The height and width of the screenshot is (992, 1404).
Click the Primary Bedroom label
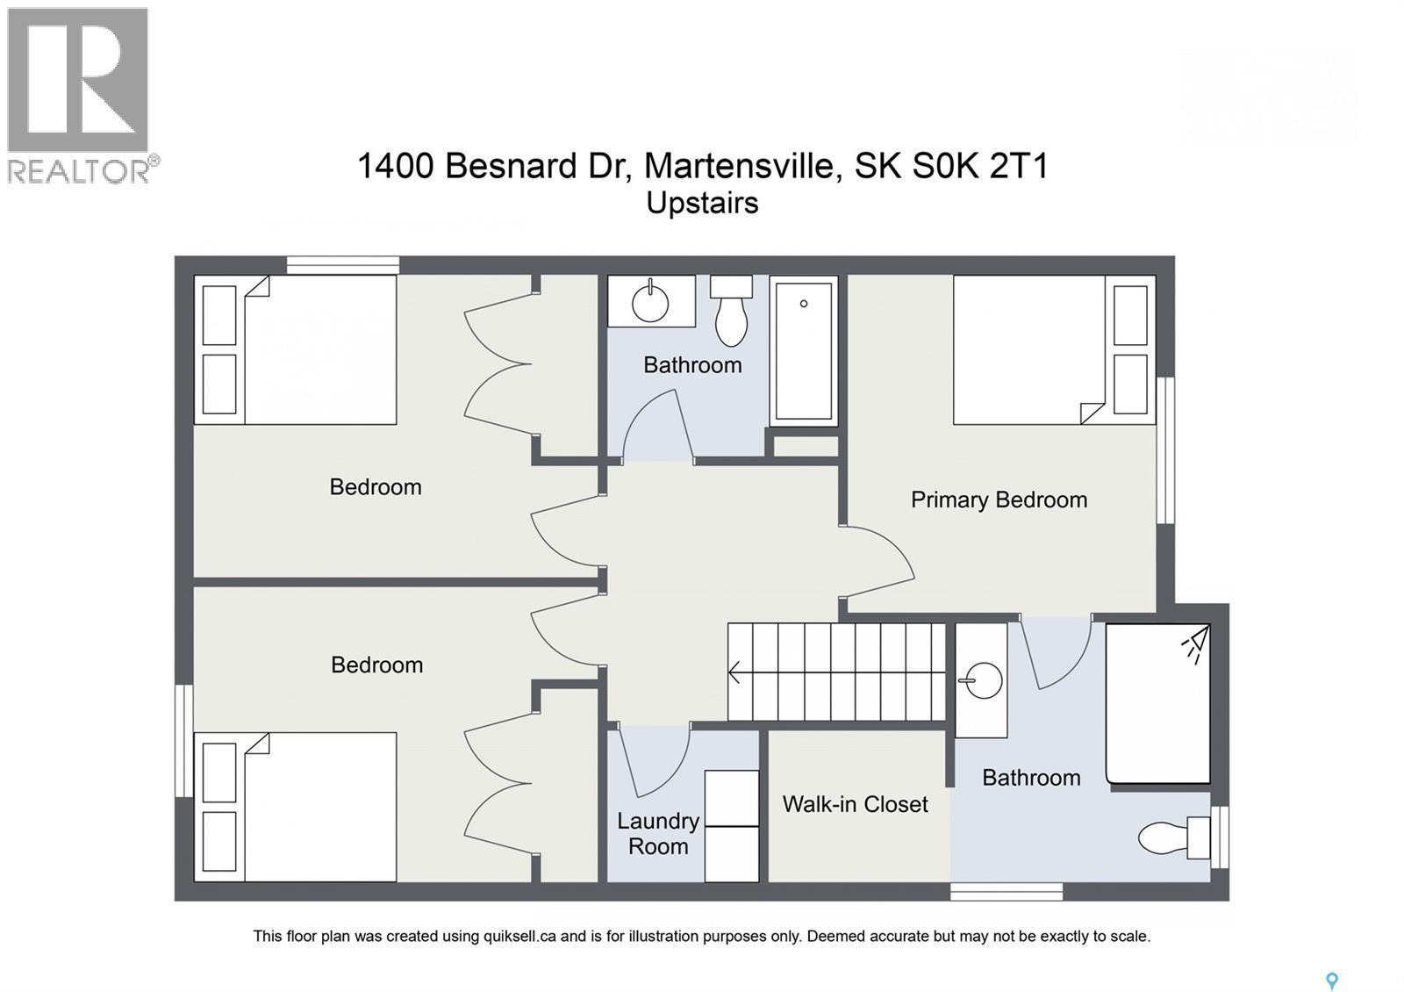(999, 500)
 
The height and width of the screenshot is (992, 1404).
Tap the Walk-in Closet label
(855, 804)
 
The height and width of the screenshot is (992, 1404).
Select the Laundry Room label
(657, 833)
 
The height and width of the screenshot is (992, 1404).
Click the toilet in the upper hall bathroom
(731, 312)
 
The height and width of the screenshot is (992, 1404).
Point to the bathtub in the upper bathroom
(803, 350)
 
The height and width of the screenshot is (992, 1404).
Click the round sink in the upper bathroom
(650, 302)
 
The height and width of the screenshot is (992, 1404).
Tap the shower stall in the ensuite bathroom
(1157, 703)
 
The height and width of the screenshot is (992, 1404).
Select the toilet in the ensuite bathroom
(1171, 837)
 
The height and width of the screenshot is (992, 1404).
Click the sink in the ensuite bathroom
(982, 679)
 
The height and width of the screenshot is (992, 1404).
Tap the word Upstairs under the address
(702, 203)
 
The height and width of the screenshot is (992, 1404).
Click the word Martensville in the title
(739, 165)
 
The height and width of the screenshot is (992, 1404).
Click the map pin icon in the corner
(1332, 981)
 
